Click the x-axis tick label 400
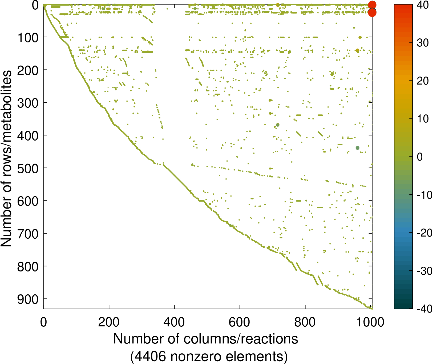coord(174,322)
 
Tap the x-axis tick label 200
coord(109,322)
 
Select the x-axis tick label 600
coord(240,322)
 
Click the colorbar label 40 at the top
coord(423,5)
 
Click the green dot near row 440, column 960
coord(357,148)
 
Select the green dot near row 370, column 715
coord(278,125)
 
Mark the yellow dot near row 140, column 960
coord(357,51)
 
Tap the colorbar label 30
coord(423,43)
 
